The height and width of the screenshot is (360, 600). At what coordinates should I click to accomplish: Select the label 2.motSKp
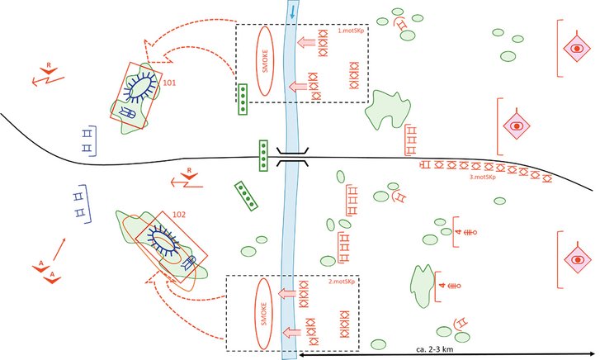point(341,282)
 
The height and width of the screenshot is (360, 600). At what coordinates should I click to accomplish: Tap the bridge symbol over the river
point(293,157)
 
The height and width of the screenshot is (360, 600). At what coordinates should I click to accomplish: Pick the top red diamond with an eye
point(576,49)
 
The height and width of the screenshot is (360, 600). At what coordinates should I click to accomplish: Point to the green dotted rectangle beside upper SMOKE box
point(243,99)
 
